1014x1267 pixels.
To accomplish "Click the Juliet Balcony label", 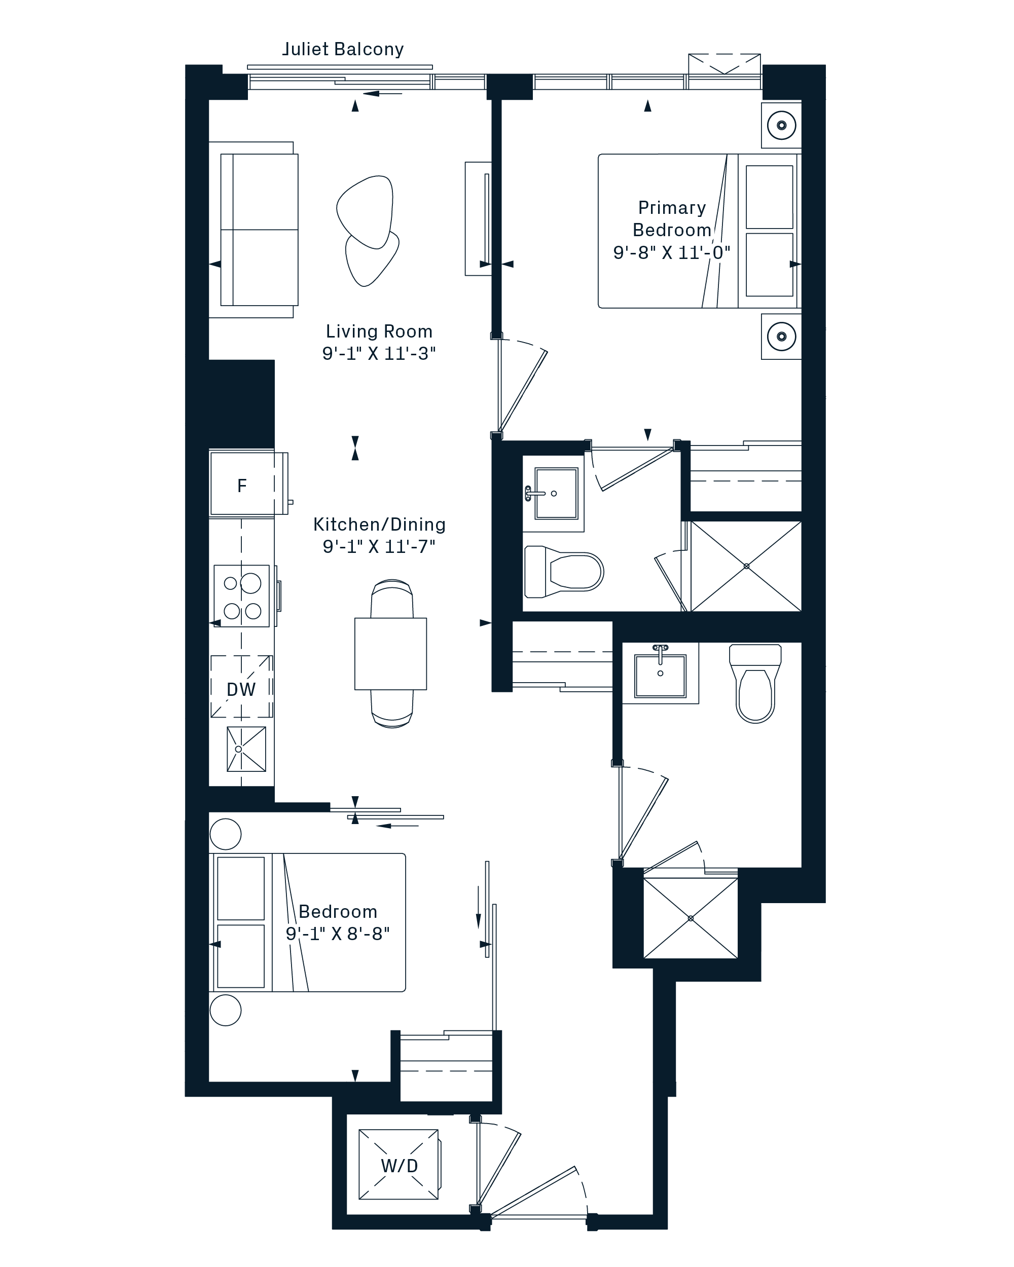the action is pos(343,49).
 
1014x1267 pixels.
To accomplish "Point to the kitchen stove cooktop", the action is pos(242,596).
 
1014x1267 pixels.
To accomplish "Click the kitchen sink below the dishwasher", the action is pos(246,749).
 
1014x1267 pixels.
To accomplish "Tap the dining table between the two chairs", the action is pos(390,653).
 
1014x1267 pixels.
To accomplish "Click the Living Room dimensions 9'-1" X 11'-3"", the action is pos(379,354).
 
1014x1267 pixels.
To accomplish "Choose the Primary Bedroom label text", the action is pos(672,218).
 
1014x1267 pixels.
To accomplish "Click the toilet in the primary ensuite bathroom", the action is pos(564,571).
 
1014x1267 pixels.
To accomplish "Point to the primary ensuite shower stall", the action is pos(746,566).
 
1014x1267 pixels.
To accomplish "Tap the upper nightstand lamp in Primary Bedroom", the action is pos(781,125).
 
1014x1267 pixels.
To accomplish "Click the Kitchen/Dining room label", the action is pos(379,524).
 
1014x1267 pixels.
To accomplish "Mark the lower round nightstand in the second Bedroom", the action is pos(225,1010).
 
